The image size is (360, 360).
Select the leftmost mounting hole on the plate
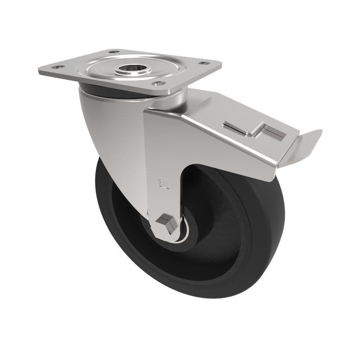click(57, 67)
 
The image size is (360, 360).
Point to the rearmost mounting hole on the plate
click(114, 52)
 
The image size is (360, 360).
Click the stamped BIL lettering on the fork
click(163, 184)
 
